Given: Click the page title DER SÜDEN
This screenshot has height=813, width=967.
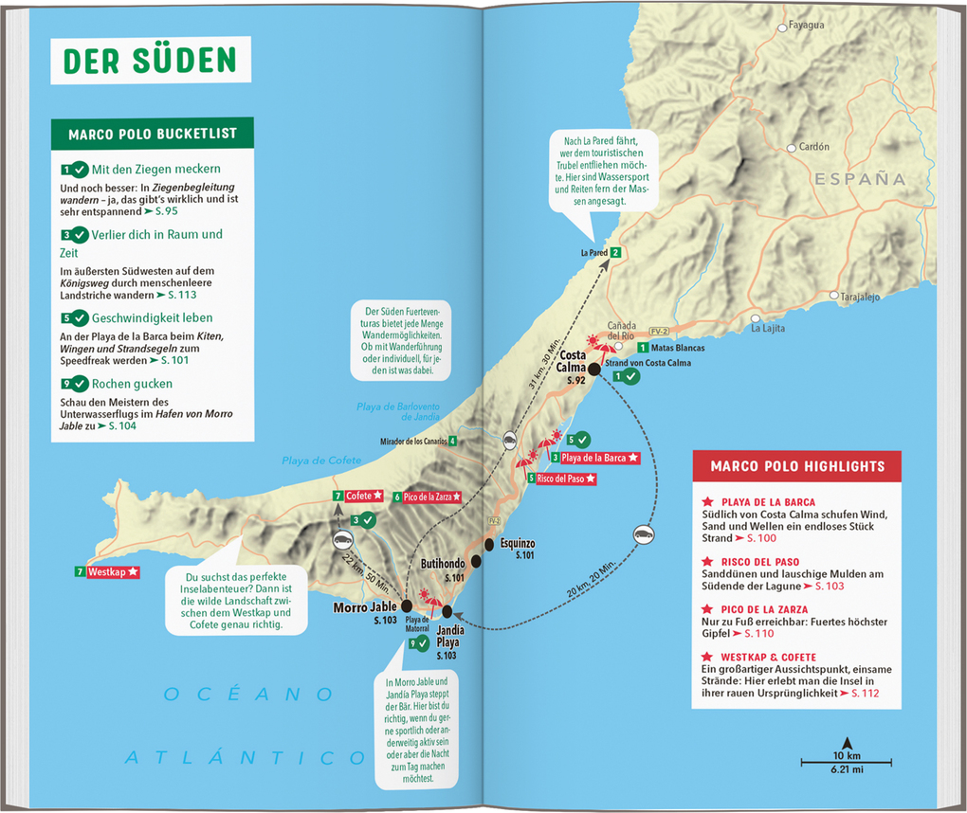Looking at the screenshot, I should pyautogui.click(x=150, y=60).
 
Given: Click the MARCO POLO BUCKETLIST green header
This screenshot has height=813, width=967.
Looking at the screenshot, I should pyautogui.click(x=153, y=135).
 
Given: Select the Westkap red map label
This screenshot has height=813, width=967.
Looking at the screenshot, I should pyautogui.click(x=113, y=572).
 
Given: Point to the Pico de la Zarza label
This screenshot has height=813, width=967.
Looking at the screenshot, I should pyautogui.click(x=431, y=497).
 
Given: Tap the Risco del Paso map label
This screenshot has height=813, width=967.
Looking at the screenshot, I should pyautogui.click(x=565, y=479).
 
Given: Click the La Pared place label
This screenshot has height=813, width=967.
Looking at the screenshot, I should pyautogui.click(x=594, y=253).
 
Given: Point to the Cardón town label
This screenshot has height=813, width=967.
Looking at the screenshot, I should pyautogui.click(x=813, y=147).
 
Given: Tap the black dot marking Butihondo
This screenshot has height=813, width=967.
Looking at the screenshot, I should pyautogui.click(x=476, y=561).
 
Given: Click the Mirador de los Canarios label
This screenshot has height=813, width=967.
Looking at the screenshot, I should pyautogui.click(x=412, y=441).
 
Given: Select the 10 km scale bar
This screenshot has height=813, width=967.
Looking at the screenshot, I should pyautogui.click(x=847, y=761).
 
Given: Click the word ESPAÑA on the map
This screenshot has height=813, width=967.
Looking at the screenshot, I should pyautogui.click(x=859, y=178).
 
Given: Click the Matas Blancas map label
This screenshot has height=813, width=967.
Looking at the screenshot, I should pyautogui.click(x=678, y=349).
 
